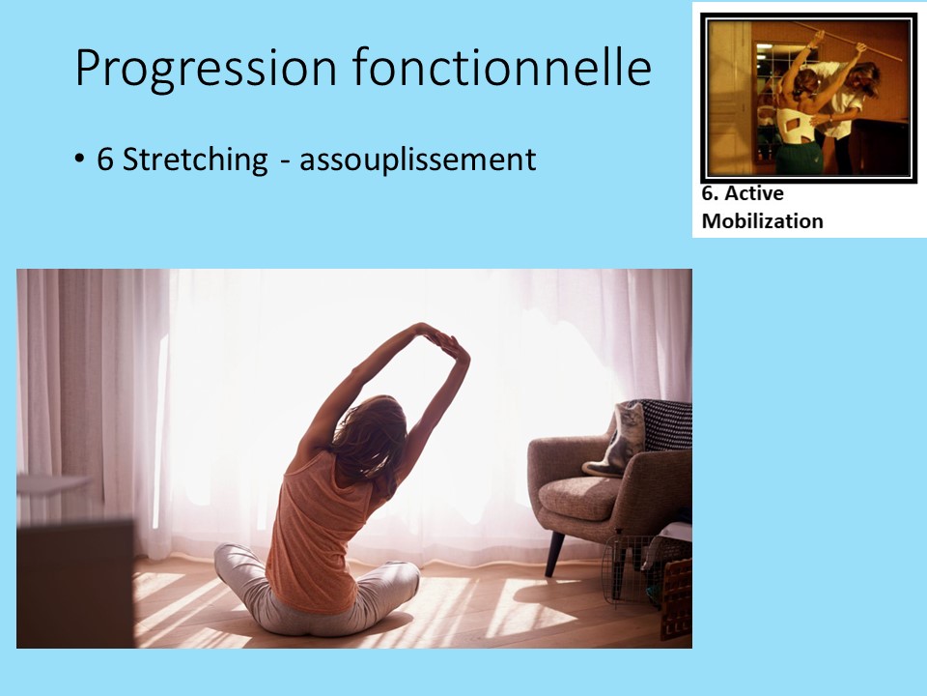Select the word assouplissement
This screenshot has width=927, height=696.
(x=417, y=159)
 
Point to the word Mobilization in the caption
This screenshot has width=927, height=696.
(x=762, y=220)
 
